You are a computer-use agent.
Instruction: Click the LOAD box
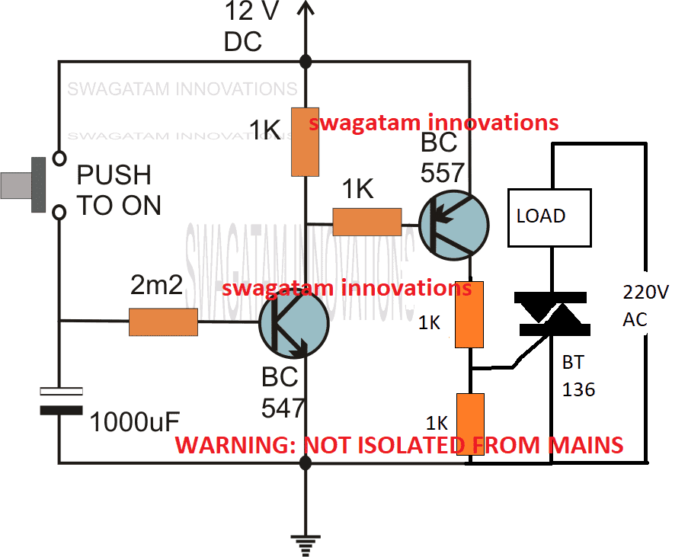[x=549, y=216]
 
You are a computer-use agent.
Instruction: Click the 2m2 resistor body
[x=163, y=322]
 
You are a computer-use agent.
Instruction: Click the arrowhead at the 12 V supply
[x=306, y=9]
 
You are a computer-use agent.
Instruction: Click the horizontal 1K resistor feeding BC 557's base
[x=367, y=222]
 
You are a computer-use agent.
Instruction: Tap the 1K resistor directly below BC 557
[x=469, y=313]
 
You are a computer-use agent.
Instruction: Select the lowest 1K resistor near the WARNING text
[x=469, y=423]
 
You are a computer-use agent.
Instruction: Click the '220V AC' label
[x=645, y=305]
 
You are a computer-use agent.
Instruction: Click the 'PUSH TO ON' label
[x=119, y=190]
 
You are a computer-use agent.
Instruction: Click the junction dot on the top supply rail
[x=306, y=62]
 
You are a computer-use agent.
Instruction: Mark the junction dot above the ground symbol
[x=306, y=463]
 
